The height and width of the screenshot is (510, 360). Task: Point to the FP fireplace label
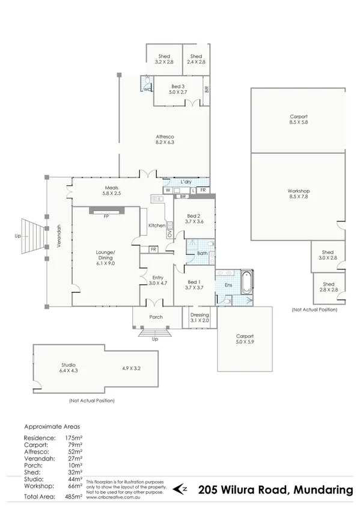pos(106,216)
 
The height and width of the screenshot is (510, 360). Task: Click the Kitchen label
pos(157,226)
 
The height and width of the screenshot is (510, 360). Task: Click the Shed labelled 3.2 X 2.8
pos(163,59)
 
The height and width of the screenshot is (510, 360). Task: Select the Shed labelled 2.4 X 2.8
pos(196,59)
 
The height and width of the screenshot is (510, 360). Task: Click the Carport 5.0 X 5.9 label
pos(245,339)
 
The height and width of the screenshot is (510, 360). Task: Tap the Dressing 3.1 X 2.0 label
pos(200,318)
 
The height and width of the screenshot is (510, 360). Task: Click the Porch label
pos(156,317)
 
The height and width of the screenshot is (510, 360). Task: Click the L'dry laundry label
pos(186,182)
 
